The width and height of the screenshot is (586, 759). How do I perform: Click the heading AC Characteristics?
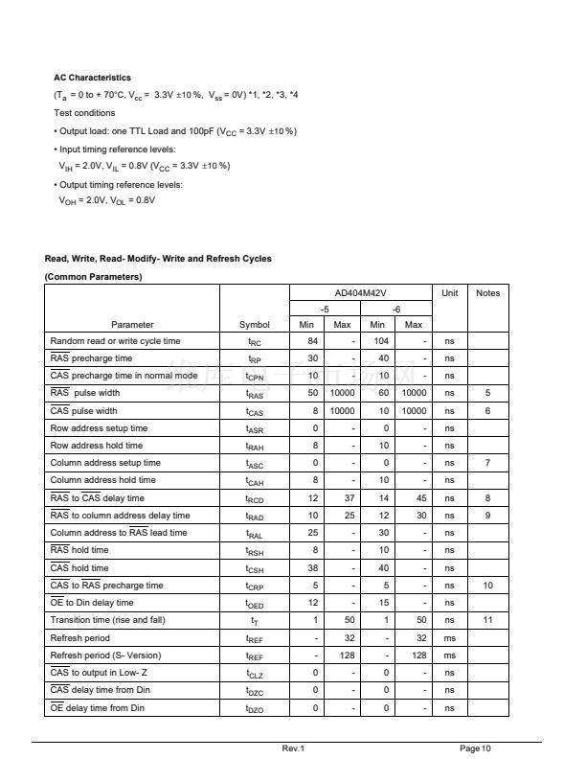[92, 78]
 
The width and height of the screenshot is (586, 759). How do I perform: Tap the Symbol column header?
[254, 324]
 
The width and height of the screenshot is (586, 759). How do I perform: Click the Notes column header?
[487, 292]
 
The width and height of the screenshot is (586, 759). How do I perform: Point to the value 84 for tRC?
[311, 341]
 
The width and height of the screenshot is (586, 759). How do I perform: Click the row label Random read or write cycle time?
[115, 341]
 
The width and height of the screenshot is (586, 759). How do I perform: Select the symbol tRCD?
[254, 498]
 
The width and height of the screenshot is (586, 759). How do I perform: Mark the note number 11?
[487, 620]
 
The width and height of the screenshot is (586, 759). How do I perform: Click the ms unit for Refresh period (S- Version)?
[449, 655]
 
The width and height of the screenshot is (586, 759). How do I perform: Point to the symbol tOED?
[254, 604]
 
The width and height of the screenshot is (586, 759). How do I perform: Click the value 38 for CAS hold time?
[311, 567]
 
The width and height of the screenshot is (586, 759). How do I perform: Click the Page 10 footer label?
[475, 747]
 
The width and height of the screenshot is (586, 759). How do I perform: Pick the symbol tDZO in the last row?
[254, 708]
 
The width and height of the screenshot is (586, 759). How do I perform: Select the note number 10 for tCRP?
[487, 586]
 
